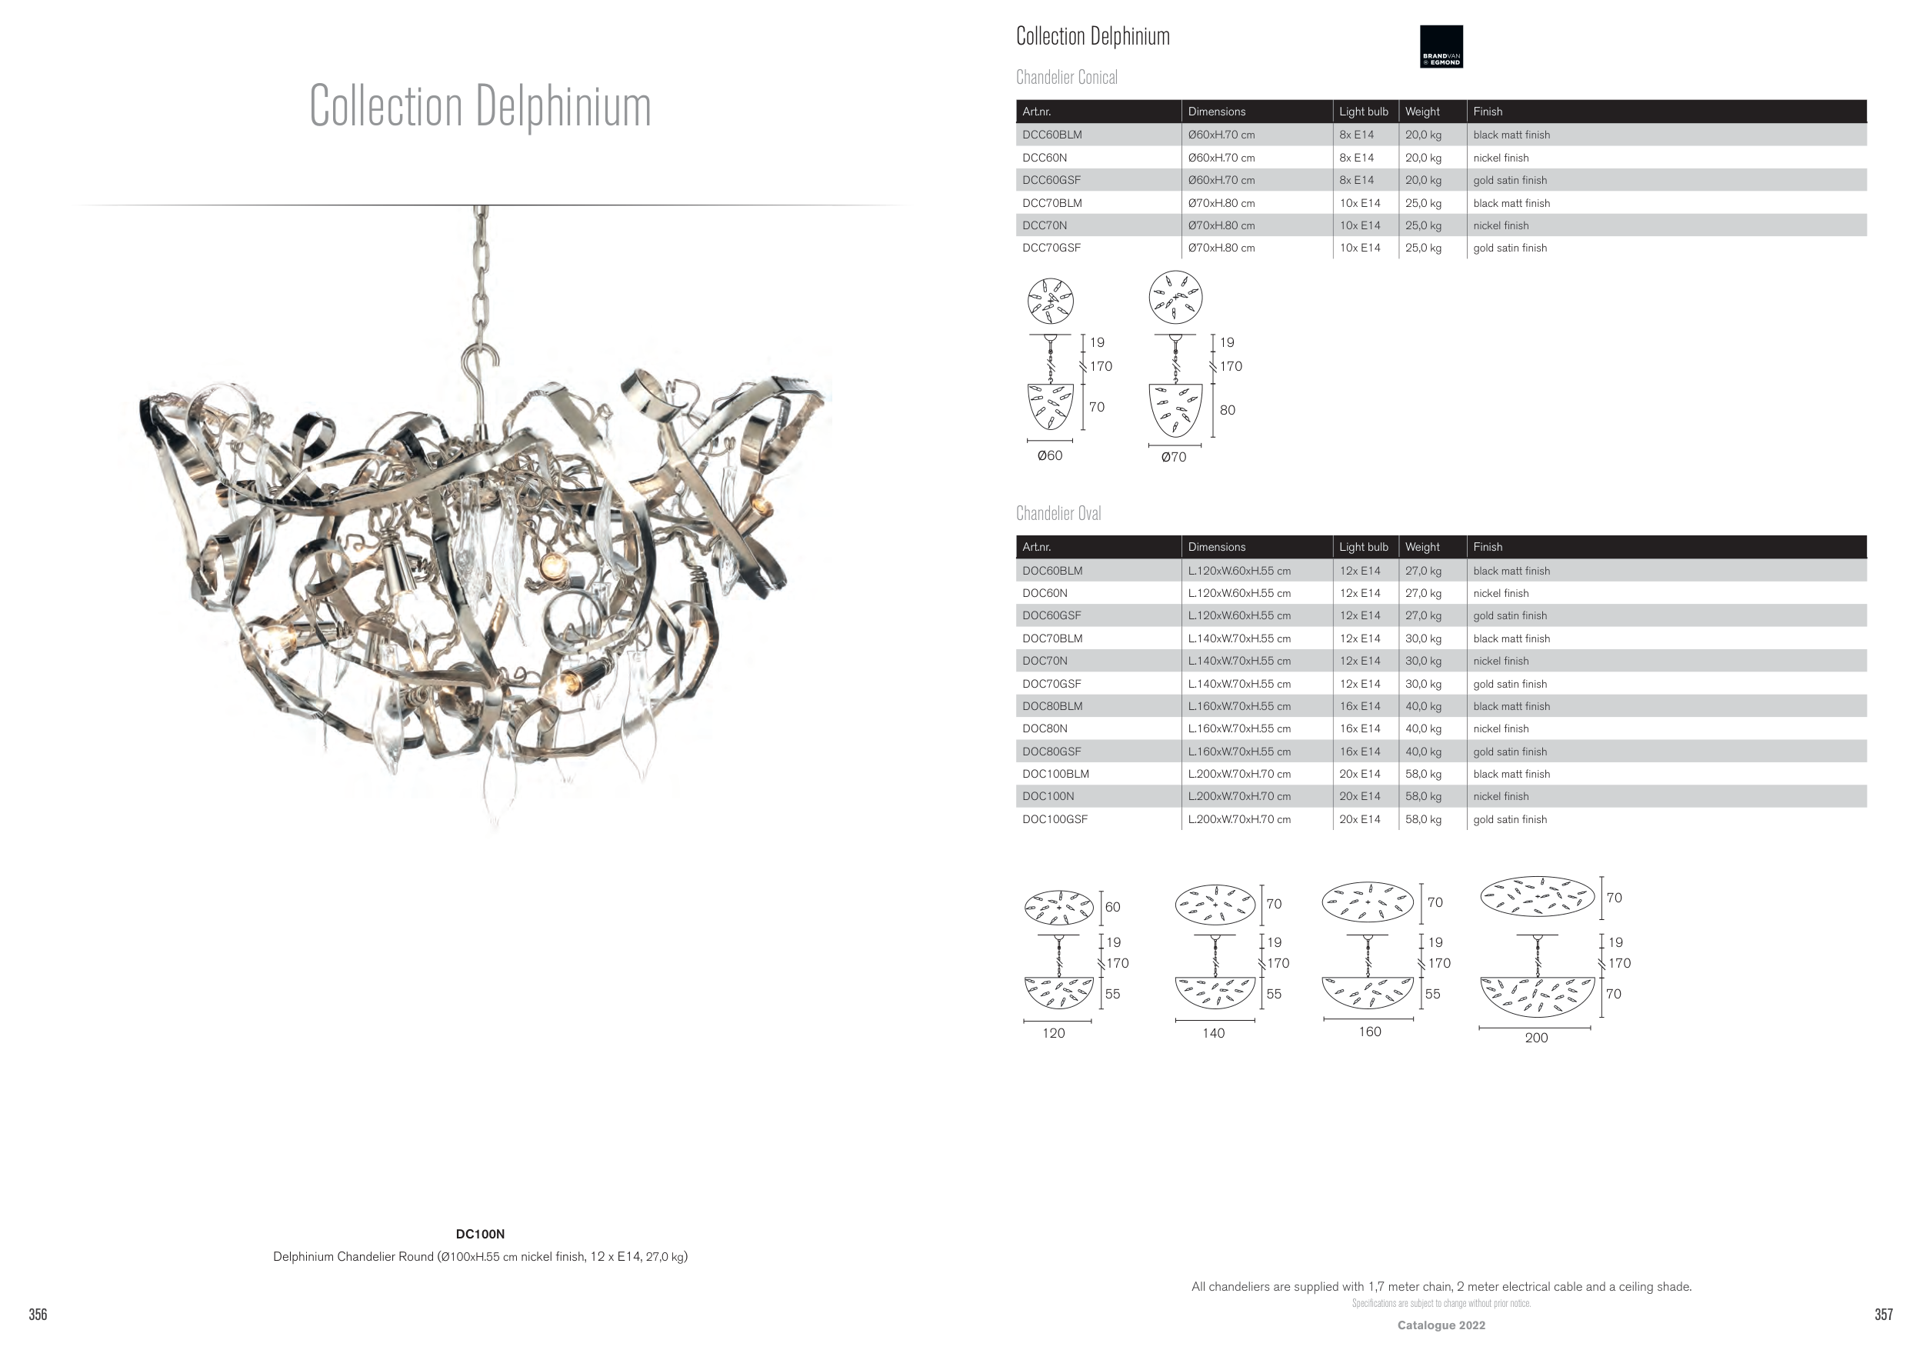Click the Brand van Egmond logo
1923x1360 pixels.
(1441, 46)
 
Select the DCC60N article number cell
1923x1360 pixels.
(1045, 158)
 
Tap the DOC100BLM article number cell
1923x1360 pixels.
(1055, 774)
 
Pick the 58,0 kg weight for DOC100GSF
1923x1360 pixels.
(1423, 819)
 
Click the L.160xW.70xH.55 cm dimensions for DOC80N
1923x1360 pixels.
(1238, 728)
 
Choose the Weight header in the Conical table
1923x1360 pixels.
(1422, 112)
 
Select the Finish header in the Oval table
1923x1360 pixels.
(1488, 547)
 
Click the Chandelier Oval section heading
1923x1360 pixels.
(1058, 513)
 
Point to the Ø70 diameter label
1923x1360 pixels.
(1173, 457)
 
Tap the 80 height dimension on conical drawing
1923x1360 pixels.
(1227, 410)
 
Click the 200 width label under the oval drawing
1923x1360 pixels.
(1536, 1038)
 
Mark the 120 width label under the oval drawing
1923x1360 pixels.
(1054, 1033)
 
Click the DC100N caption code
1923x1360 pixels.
(480, 1234)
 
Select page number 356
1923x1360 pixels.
(38, 1314)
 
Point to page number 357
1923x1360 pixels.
(1883, 1314)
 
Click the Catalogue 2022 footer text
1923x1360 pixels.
(1441, 1325)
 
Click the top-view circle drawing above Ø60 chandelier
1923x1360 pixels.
(1050, 301)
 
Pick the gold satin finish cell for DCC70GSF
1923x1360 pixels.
(1509, 248)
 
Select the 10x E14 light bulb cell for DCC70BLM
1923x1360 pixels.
(1359, 202)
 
